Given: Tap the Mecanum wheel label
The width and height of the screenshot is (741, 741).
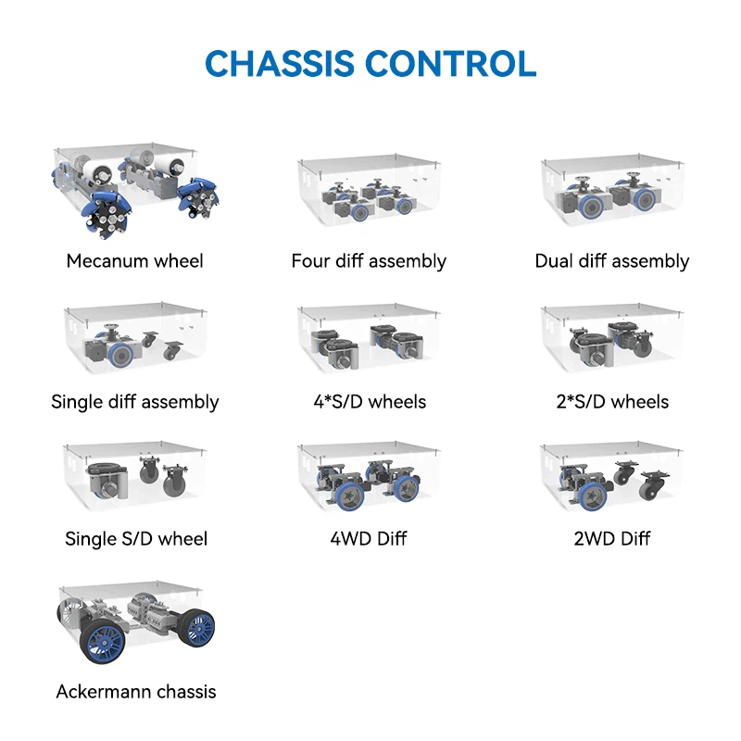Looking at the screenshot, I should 135,261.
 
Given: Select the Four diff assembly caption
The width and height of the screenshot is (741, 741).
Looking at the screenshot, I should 369,261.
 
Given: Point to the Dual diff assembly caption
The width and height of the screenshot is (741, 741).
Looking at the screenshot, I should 611,261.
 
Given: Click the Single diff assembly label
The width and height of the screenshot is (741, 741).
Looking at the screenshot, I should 135,402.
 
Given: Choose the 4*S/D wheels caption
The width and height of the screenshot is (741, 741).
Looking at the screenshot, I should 370,402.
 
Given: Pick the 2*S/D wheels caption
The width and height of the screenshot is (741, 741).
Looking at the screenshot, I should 611,402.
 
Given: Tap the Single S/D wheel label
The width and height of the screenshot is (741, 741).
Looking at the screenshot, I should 135,539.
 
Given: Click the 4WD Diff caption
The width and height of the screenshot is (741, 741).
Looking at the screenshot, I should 370,539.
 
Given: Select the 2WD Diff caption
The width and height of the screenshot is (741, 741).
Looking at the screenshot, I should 611,539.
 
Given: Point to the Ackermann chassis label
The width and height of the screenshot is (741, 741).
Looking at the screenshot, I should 135,692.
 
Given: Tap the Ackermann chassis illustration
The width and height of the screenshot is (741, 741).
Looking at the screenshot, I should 134,622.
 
